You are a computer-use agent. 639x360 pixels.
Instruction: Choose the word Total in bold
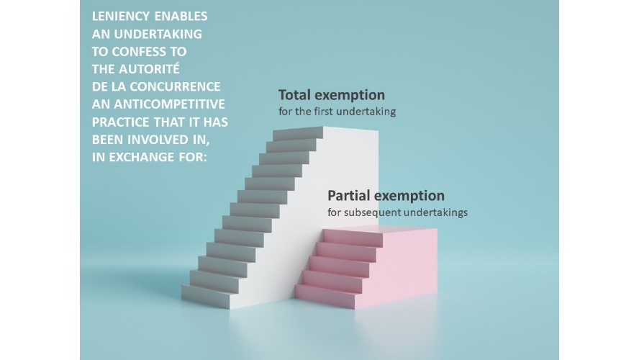coord(294,95)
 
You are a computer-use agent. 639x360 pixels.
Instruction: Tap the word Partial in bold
coord(349,196)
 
